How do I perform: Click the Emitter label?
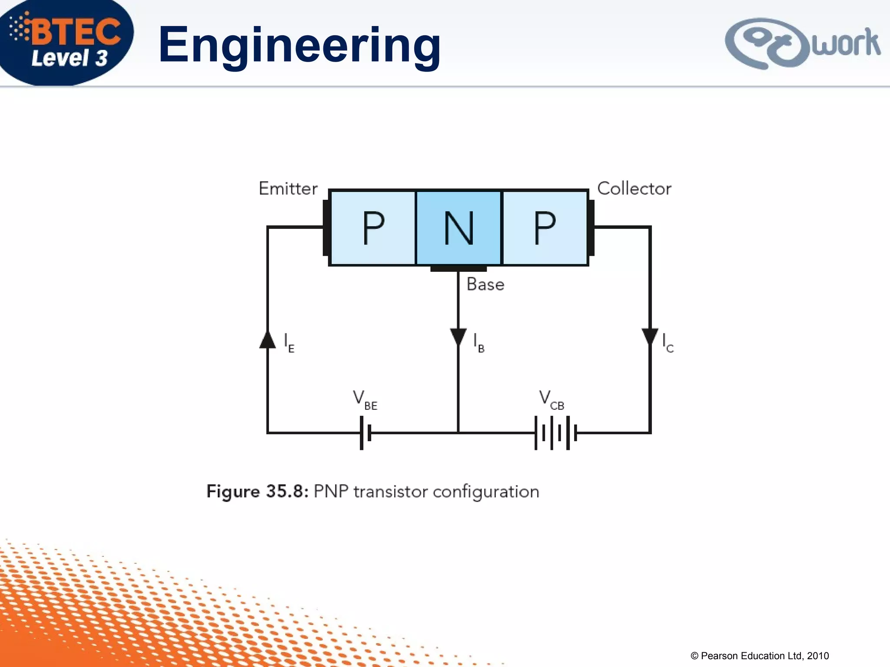[x=288, y=189]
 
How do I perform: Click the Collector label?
[x=634, y=189]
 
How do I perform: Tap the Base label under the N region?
[x=485, y=284]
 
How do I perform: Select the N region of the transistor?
[x=458, y=228]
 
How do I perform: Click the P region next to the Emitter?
[x=373, y=228]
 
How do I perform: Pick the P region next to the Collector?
[x=545, y=228]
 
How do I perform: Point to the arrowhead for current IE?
[x=268, y=340]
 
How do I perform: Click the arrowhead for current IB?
[x=458, y=337]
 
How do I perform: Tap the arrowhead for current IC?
[x=650, y=337]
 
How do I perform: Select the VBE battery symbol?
[x=365, y=433]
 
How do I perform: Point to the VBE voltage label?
[x=365, y=400]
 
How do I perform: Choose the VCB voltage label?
[x=551, y=400]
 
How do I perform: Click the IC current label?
[x=667, y=343]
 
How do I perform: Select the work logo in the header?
[x=802, y=43]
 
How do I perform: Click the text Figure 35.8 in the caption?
[x=257, y=492]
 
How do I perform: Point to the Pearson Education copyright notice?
[x=760, y=656]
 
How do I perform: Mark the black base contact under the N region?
[x=458, y=269]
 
